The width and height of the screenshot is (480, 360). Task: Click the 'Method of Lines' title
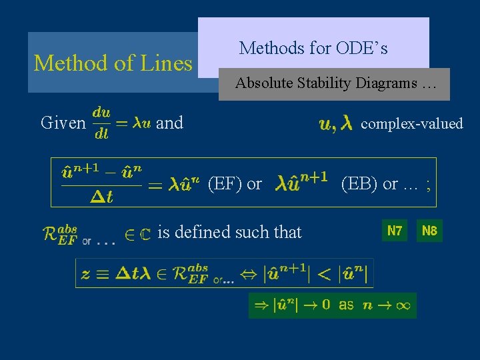click(x=113, y=63)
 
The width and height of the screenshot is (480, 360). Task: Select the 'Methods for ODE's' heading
click(x=313, y=48)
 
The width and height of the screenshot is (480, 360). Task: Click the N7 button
click(x=395, y=231)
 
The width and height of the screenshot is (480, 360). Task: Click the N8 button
click(x=430, y=231)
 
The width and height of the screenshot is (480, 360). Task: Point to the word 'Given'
click(x=63, y=123)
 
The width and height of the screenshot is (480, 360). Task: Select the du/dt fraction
click(x=101, y=123)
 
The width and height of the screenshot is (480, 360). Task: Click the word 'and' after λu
click(x=169, y=123)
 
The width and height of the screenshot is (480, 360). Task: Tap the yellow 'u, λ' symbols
click(x=336, y=123)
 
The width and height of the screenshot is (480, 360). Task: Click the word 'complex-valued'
click(x=411, y=123)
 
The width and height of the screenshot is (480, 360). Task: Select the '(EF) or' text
click(x=235, y=183)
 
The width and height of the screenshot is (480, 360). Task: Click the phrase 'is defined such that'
click(x=229, y=232)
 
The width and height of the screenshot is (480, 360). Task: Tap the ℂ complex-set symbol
click(x=145, y=234)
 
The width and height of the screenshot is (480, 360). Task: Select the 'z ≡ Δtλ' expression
click(x=114, y=273)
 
